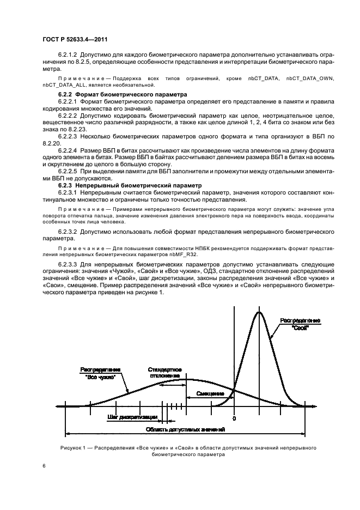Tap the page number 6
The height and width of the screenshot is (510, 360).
44,466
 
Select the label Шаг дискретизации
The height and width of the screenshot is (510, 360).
132,418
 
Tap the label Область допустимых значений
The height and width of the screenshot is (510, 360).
185,429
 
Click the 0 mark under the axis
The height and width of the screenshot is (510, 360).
234,418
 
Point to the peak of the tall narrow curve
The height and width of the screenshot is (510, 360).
259,312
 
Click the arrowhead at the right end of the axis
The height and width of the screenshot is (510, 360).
315,406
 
